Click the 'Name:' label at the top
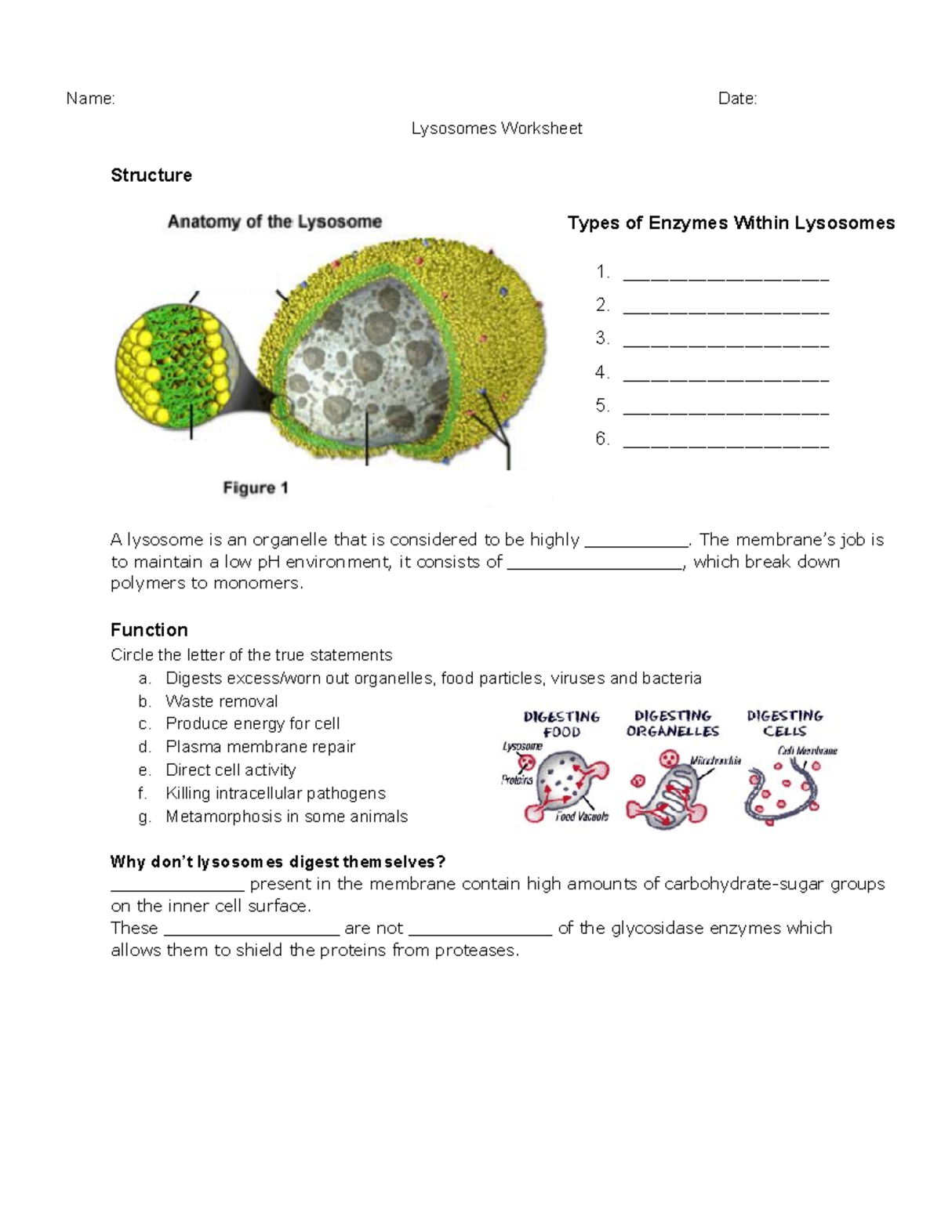point(90,99)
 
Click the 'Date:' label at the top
point(737,99)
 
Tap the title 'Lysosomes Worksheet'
point(496,129)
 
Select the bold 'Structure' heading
point(151,176)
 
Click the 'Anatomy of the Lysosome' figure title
point(274,222)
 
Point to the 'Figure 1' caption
point(256,488)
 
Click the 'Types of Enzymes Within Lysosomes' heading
point(731,223)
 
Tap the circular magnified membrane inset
point(173,364)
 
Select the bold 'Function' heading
point(149,630)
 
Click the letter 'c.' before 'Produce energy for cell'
point(144,724)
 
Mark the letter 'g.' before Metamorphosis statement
point(144,817)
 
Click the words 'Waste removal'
point(222,701)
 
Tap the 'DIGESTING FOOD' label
point(561,724)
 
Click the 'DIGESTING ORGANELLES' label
point(673,723)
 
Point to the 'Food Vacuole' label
point(581,817)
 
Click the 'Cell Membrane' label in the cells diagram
point(807,751)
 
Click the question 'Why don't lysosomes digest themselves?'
point(278,862)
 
